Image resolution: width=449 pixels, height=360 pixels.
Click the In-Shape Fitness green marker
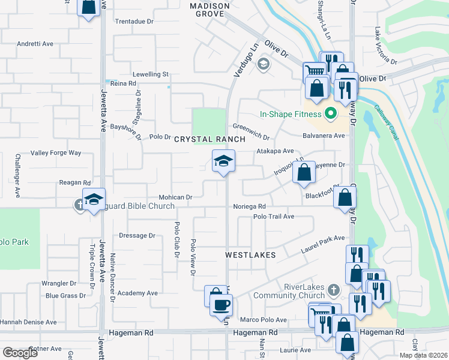330,113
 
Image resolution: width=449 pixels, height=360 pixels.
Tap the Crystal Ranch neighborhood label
209,139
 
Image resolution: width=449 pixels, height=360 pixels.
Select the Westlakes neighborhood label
250,255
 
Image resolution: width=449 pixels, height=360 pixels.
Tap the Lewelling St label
151,74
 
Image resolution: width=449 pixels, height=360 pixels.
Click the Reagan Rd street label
74,182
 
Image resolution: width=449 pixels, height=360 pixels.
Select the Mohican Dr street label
175,197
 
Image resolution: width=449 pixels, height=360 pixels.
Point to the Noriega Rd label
250,206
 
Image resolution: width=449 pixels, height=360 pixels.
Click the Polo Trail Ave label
274,217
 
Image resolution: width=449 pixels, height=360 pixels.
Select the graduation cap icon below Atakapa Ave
223,161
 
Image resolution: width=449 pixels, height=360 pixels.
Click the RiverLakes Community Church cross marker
335,290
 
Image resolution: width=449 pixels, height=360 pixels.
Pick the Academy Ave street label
137,293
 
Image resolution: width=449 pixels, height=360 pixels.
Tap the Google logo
20,352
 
